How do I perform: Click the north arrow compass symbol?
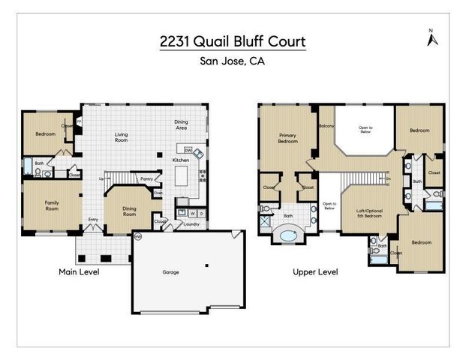pyautogui.click(x=431, y=38)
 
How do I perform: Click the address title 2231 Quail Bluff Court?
pyautogui.click(x=233, y=41)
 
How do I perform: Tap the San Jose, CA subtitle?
pyautogui.click(x=233, y=61)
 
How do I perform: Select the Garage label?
pyautogui.click(x=171, y=271)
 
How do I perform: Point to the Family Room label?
pyautogui.click(x=51, y=205)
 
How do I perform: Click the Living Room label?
pyautogui.click(x=121, y=137)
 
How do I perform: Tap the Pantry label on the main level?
pyautogui.click(x=146, y=178)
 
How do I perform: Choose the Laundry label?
pyautogui.click(x=190, y=223)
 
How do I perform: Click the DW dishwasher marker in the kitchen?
pyautogui.click(x=188, y=149)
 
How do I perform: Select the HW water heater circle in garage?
pyautogui.click(x=138, y=237)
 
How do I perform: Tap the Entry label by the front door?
pyautogui.click(x=93, y=220)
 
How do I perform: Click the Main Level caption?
pyautogui.click(x=79, y=271)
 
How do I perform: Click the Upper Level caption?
pyautogui.click(x=315, y=271)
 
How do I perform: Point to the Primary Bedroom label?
pyautogui.click(x=287, y=138)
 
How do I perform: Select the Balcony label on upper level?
pyautogui.click(x=326, y=126)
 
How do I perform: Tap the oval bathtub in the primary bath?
pyautogui.click(x=287, y=235)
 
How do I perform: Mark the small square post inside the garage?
pyautogui.click(x=208, y=265)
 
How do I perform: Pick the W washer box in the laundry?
pyautogui.click(x=192, y=213)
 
